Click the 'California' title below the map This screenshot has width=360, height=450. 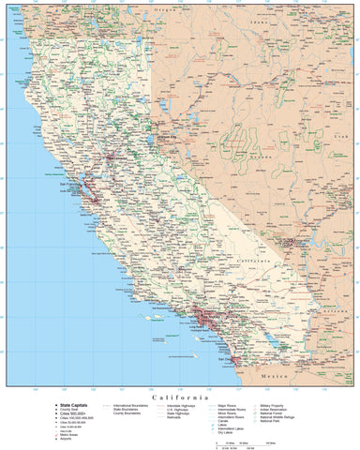coord(180,397)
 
